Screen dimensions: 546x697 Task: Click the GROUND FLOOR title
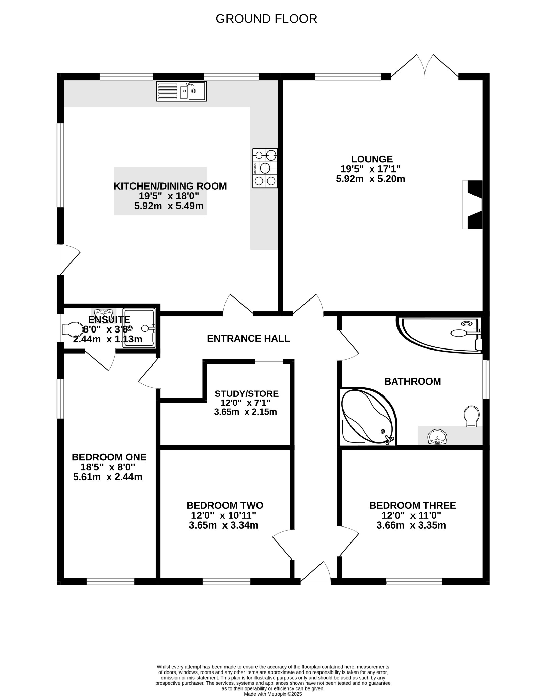[266, 19]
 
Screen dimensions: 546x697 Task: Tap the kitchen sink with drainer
[182, 91]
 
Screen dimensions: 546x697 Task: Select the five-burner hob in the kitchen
[265, 168]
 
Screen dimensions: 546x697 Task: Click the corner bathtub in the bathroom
[368, 416]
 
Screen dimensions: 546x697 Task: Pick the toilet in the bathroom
[471, 416]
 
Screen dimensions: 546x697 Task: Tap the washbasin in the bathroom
[437, 437]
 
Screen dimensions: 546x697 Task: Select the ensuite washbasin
[102, 313]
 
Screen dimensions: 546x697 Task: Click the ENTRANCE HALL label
[249, 338]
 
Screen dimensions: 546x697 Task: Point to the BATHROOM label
[412, 381]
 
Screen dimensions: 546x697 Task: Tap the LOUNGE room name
[372, 159]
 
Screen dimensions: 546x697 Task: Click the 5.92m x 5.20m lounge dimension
[371, 179]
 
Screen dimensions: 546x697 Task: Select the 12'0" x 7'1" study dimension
[246, 403]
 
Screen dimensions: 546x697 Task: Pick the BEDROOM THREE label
[412, 505]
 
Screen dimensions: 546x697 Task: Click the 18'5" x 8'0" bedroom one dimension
[108, 467]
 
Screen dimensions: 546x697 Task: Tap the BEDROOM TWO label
[225, 505]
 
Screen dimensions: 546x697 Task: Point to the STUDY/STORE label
[247, 394]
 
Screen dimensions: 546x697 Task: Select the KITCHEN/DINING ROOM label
[170, 186]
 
